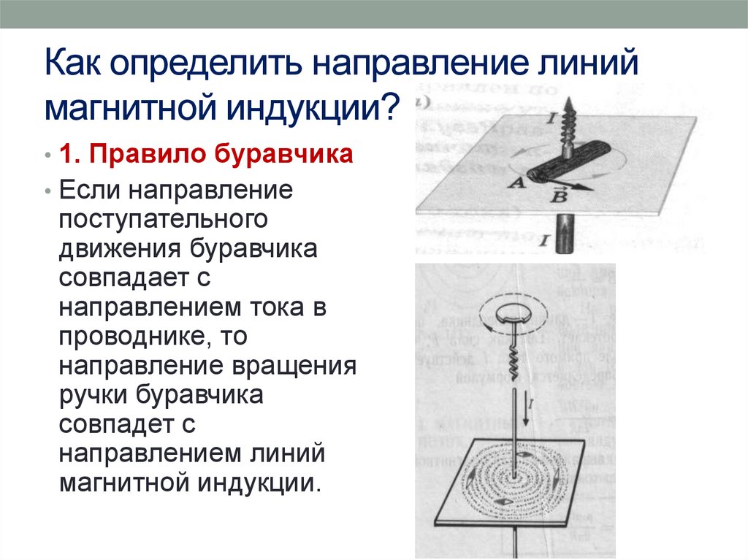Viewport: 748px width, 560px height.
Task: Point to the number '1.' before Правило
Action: [x=72, y=156]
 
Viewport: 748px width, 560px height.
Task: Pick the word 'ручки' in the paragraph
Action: [x=93, y=395]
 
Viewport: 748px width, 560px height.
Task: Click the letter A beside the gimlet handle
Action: [x=516, y=184]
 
